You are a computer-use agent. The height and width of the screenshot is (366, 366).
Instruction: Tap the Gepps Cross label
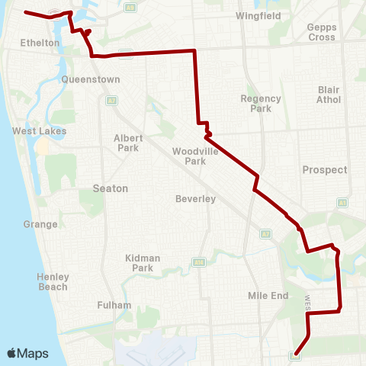click(321, 32)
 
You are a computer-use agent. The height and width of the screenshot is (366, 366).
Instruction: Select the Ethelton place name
click(40, 43)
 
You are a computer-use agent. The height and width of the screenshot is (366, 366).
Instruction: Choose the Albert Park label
click(127, 143)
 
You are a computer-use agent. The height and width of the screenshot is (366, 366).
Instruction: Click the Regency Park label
click(261, 103)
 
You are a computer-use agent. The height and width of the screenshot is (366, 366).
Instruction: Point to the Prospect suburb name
click(324, 169)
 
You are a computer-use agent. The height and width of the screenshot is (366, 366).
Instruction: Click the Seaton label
click(110, 188)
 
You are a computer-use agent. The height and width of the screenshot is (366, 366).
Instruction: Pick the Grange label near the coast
click(40, 224)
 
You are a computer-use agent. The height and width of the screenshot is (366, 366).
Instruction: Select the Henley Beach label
click(53, 281)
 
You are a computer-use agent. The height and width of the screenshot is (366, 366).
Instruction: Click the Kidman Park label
click(143, 263)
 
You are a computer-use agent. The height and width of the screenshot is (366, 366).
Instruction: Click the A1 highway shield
click(343, 202)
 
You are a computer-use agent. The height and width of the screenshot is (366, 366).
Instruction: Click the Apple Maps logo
click(27, 353)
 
